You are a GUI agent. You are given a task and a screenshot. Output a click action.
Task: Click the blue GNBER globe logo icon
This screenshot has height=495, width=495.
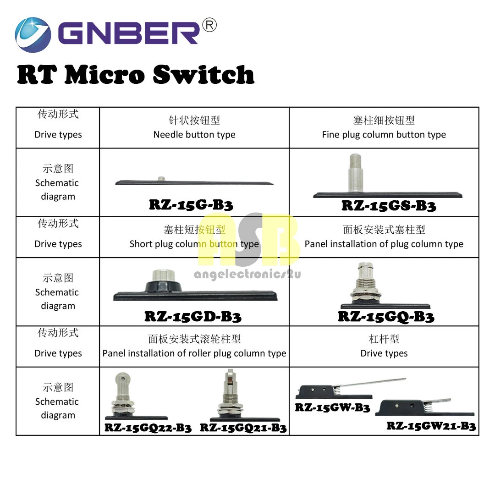coord(33,35)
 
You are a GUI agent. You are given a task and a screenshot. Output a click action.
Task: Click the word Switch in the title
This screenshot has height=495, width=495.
coord(203,75)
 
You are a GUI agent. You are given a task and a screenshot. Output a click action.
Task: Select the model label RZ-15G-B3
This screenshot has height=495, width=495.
coord(191,204)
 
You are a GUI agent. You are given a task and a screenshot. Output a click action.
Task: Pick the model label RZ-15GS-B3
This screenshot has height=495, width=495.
coord(388,206)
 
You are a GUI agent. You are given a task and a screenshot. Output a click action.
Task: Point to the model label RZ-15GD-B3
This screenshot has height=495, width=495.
coord(192,316)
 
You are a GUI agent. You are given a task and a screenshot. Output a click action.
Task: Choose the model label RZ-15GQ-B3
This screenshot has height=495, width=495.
coord(386,316)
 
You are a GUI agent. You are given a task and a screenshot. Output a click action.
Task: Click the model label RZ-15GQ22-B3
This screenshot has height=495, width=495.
coord(148,428)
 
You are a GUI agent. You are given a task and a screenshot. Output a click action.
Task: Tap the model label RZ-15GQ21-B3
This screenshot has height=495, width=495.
coord(243,428)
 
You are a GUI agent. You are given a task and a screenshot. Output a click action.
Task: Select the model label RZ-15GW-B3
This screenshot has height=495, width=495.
coord(332,407)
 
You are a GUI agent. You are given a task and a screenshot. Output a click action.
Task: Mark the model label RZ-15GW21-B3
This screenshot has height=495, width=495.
coord(431,426)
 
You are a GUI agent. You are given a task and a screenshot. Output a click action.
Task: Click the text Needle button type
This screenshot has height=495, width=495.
coord(194,135)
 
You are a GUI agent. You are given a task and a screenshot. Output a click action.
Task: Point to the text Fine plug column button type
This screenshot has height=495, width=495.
coord(384,135)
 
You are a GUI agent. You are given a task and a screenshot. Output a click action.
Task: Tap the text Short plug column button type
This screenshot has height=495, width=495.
coord(194,244)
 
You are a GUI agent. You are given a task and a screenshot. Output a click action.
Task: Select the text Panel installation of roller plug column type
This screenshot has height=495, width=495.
coord(194,353)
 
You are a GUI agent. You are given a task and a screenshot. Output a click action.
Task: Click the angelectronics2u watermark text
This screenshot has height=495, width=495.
coord(247,275)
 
